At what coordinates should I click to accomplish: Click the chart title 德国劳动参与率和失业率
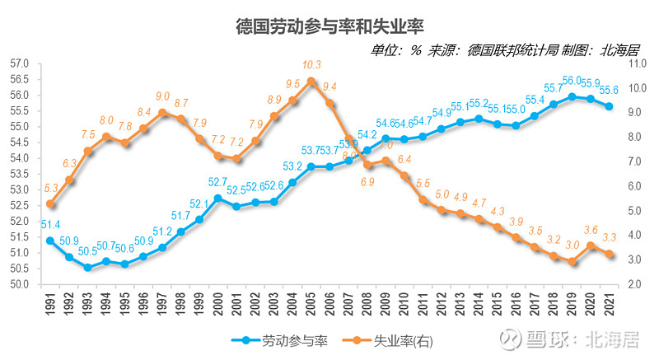click(x=329, y=24)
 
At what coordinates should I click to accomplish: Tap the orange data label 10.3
click(x=311, y=65)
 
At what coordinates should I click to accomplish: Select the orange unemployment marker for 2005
click(x=311, y=81)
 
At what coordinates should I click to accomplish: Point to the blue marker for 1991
click(x=50, y=241)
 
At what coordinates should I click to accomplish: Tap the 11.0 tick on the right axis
click(x=638, y=63)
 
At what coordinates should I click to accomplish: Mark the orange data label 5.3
click(x=51, y=189)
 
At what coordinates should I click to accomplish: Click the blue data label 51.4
click(x=51, y=224)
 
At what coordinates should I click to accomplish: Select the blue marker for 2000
click(x=217, y=199)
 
